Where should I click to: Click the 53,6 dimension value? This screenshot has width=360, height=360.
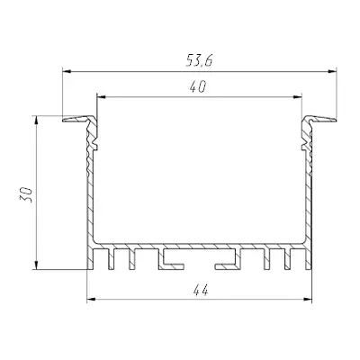click(x=199, y=61)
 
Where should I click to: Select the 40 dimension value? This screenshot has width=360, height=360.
click(x=198, y=87)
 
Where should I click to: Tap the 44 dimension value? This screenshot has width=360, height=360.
click(x=201, y=291)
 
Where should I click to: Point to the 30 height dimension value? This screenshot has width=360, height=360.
click(x=26, y=194)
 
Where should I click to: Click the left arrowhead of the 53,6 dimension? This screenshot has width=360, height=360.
click(x=67, y=71)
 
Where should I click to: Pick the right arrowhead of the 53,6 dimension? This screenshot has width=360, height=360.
click(x=332, y=71)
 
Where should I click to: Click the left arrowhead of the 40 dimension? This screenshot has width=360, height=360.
click(x=102, y=97)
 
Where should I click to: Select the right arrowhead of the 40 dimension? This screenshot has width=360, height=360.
click(x=297, y=97)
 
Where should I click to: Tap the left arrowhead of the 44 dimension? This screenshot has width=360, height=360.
click(x=91, y=299)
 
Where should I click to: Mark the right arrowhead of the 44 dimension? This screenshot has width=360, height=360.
click(x=308, y=299)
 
